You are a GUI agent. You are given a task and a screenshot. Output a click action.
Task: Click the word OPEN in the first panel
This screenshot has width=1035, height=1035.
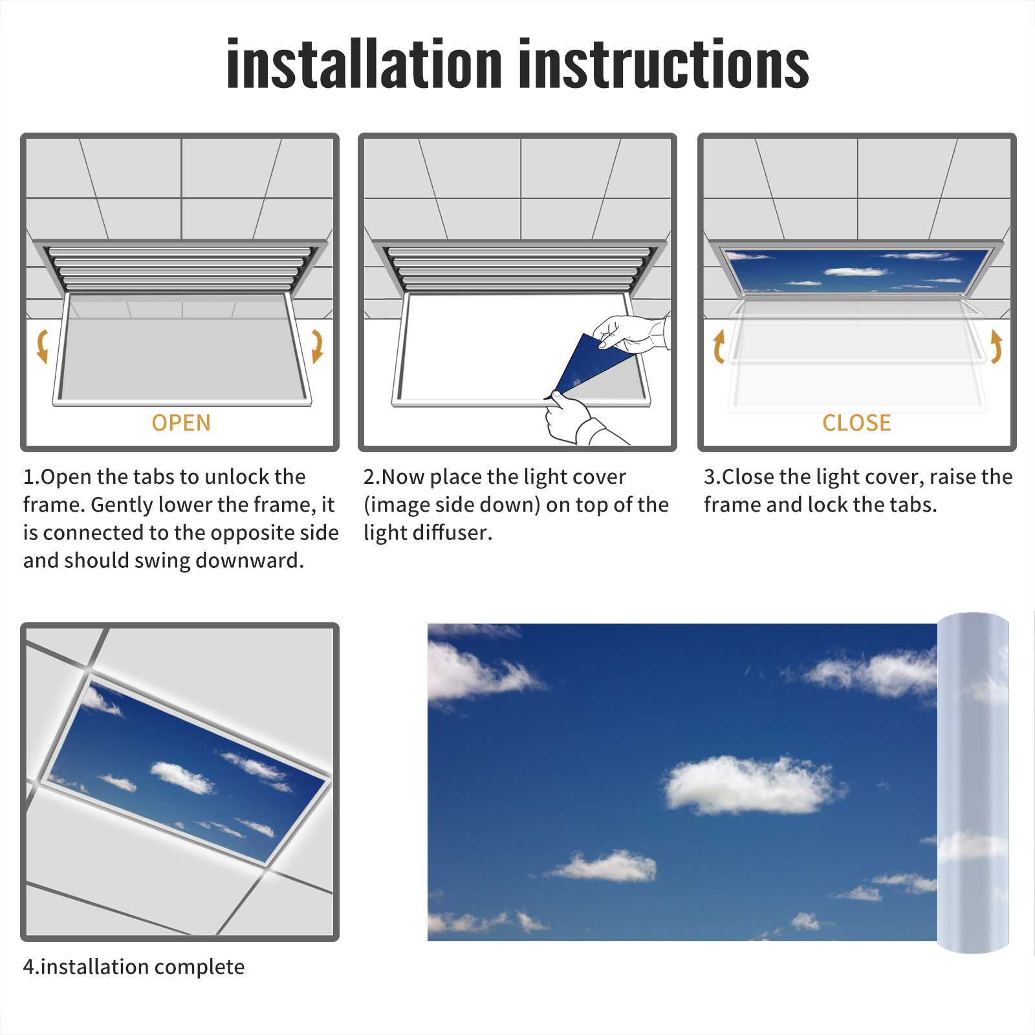[181, 423]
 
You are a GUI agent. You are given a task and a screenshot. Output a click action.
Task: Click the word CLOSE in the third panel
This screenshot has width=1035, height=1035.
[856, 423]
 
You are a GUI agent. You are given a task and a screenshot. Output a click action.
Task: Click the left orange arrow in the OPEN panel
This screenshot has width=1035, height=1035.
[42, 346]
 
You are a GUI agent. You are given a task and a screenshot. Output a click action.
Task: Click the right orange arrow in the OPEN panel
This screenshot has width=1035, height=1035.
[317, 346]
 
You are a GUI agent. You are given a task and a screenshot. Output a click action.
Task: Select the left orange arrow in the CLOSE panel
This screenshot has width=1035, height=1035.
[719, 346]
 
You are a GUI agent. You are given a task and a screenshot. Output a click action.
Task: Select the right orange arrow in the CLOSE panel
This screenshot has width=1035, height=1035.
[996, 346]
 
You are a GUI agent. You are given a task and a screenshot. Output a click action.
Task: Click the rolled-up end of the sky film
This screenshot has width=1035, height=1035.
[973, 783]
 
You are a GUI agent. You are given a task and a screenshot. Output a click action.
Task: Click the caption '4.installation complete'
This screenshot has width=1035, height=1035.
[134, 967]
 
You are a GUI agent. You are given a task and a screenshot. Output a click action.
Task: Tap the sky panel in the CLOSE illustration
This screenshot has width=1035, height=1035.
[856, 270]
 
